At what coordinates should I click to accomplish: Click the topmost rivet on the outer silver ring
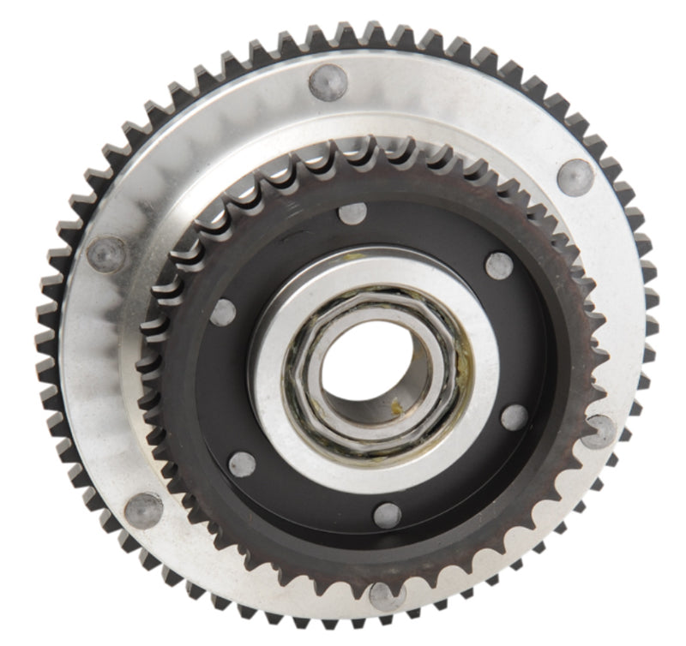[328, 82]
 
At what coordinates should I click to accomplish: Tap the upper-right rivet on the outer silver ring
[575, 177]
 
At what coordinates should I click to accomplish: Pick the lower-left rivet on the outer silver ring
[143, 510]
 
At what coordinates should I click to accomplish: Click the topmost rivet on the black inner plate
[352, 213]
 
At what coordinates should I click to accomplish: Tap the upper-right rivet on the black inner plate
[499, 266]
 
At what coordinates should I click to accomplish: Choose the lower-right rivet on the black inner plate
[514, 417]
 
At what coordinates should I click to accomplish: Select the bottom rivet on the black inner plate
[388, 515]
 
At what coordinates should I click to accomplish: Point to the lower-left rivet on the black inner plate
[242, 464]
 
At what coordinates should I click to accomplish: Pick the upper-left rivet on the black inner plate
[223, 313]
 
